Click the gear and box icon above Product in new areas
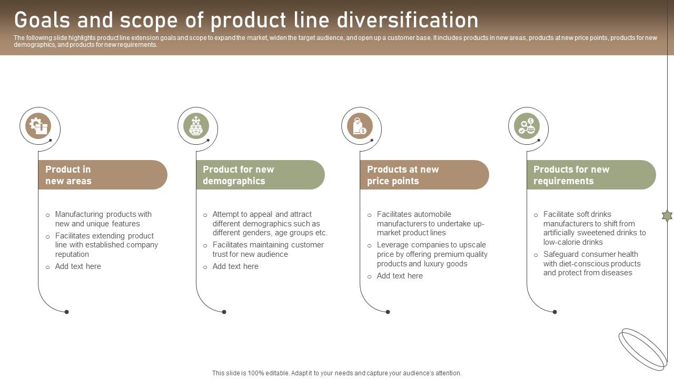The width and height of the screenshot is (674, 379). point(38,126)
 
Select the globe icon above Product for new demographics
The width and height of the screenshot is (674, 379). point(196,126)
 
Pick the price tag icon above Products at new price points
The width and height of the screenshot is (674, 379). point(360,126)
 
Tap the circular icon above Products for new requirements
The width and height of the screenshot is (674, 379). point(527,126)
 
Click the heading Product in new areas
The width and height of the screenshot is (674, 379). point(68,175)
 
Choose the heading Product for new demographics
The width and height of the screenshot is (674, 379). point(239,175)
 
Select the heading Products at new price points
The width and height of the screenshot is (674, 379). point(403,175)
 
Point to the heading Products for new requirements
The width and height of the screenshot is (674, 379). point(571,175)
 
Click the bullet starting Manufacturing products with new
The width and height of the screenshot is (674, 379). point(103,219)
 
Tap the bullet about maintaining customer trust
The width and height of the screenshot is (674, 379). point(268,250)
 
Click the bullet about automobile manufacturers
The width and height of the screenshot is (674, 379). point(430,223)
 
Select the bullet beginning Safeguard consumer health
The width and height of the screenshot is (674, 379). point(592,263)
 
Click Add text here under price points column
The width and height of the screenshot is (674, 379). point(400,276)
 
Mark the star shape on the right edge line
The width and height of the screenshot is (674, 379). point(667,215)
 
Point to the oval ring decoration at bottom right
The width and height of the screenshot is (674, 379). point(643,349)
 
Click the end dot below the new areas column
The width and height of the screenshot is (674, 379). point(66,312)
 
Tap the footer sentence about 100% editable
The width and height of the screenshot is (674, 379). point(337,373)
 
